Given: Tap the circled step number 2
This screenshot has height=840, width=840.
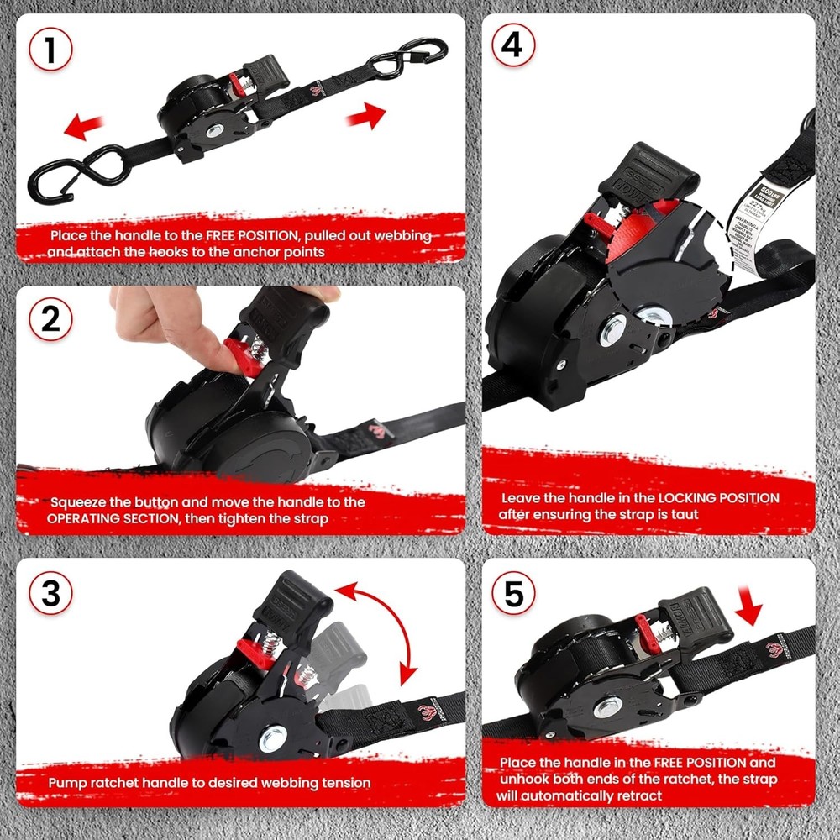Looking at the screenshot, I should point(51,322).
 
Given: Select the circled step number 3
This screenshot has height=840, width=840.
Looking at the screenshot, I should point(51,594).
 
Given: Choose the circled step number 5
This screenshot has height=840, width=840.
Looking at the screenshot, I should point(512,594).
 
